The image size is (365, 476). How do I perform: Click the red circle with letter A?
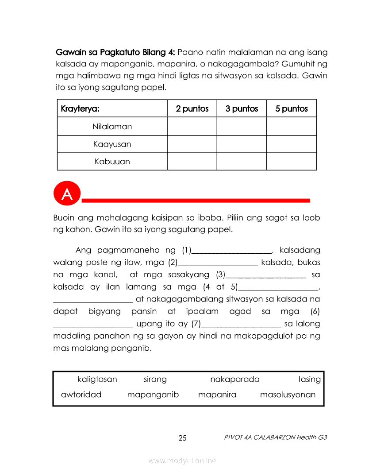(x=67, y=194)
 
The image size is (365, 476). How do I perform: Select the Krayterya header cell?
(x=80, y=109)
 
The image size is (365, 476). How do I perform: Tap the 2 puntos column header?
(x=192, y=109)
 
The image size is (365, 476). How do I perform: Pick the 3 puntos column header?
(x=242, y=109)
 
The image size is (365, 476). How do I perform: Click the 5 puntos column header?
(x=292, y=109)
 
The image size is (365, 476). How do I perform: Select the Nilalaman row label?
(x=112, y=127)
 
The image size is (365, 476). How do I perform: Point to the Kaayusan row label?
(x=112, y=144)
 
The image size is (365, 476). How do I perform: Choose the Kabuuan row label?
(x=112, y=162)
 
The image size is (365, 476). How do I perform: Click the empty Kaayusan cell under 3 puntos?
(x=242, y=144)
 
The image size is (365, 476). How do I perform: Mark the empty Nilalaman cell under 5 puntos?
(x=292, y=126)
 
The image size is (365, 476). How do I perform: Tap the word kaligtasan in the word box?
(x=97, y=379)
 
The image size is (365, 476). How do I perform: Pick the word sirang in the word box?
(x=155, y=379)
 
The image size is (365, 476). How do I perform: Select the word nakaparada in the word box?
(x=235, y=379)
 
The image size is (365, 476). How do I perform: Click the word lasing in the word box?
(x=310, y=379)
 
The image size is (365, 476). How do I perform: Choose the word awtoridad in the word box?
(x=81, y=395)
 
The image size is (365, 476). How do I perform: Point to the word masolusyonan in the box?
(x=288, y=395)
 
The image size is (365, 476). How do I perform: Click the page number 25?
(x=182, y=438)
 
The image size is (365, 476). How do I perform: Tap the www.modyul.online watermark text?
(x=182, y=461)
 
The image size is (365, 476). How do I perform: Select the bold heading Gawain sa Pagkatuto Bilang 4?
(x=116, y=52)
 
